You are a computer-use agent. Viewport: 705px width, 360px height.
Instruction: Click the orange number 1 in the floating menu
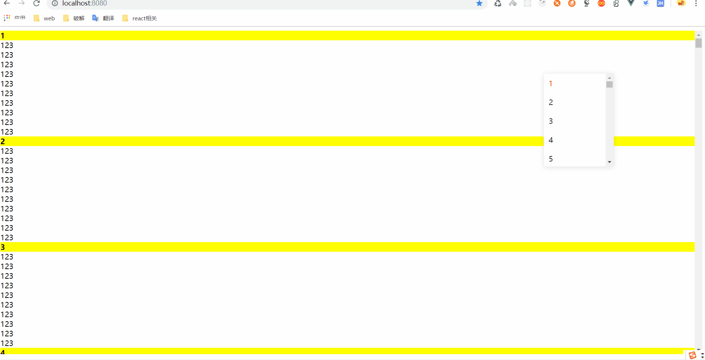(x=551, y=84)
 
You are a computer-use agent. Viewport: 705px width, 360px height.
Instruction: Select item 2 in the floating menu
(x=551, y=102)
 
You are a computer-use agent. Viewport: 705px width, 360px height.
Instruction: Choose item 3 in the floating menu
(x=551, y=121)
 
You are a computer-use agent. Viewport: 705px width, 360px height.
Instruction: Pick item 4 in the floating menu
(x=551, y=140)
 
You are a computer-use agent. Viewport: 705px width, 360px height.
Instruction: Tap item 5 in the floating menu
(x=551, y=159)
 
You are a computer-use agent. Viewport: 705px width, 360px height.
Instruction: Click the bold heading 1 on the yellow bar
(x=3, y=36)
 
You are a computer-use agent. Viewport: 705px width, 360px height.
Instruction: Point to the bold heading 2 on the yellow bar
(x=3, y=142)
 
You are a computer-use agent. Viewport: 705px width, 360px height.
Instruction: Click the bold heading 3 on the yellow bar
(x=3, y=247)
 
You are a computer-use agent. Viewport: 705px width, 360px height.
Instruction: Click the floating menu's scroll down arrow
(x=610, y=162)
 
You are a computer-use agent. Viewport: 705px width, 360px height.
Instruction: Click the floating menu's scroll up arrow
(x=610, y=78)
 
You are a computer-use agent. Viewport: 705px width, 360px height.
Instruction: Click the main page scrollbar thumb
(x=698, y=43)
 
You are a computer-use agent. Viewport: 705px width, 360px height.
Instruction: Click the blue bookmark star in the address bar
(x=479, y=3)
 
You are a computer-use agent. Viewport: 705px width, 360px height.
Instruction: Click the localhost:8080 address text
(x=85, y=3)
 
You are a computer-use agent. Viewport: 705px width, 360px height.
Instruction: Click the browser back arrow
(x=7, y=3)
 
